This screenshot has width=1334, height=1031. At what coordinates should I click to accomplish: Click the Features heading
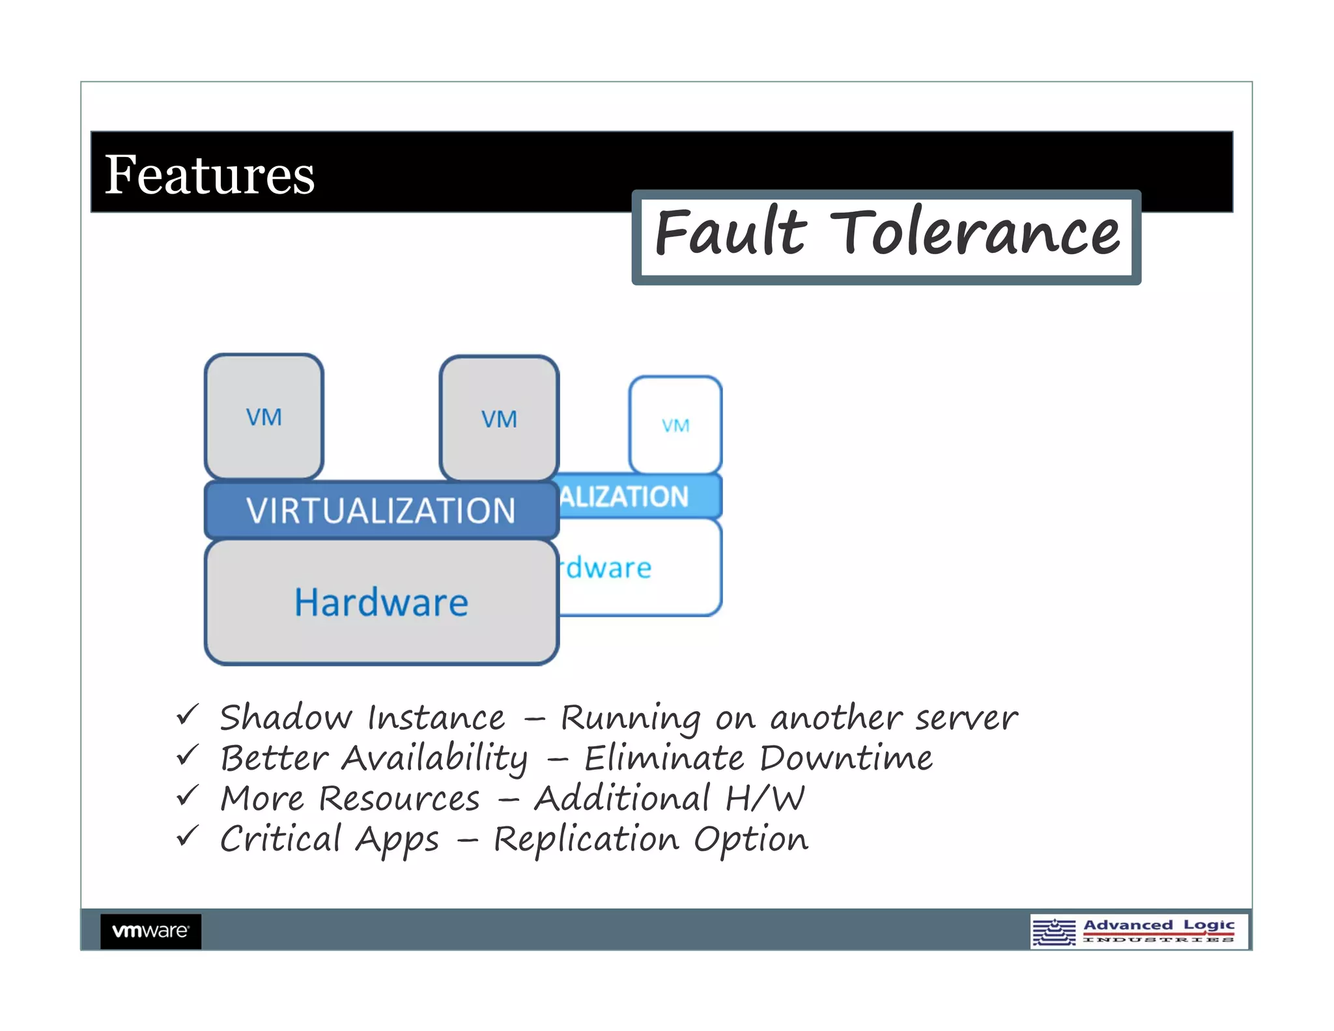[209, 175]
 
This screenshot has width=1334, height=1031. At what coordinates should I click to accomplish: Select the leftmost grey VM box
[264, 417]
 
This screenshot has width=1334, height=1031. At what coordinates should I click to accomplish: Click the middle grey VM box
[499, 419]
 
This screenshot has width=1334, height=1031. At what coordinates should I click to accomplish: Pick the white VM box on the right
[675, 426]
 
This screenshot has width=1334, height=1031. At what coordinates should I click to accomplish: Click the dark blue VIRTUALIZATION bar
[381, 510]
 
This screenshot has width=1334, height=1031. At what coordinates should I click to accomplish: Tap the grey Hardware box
[381, 602]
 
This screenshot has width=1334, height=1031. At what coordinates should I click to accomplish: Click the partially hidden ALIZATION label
[624, 497]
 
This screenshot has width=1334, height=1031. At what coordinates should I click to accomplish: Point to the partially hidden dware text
[608, 568]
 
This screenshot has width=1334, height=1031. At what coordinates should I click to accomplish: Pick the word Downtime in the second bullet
[845, 758]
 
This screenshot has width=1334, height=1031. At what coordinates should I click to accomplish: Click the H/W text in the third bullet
[765, 798]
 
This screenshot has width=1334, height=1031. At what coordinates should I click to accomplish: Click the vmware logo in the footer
[150, 931]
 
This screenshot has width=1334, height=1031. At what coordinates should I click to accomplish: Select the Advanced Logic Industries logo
[1139, 931]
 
